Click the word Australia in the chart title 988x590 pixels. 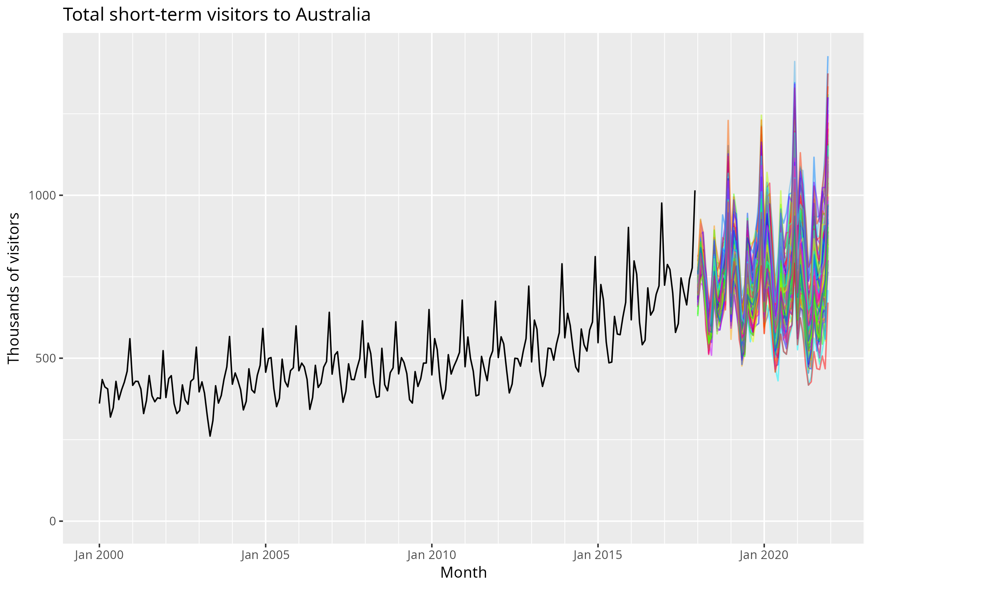coord(333,15)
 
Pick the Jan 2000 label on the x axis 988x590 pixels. coord(99,555)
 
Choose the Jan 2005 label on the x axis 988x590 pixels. coord(265,555)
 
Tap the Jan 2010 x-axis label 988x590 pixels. coord(431,555)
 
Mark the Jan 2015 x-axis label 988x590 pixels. coord(598,555)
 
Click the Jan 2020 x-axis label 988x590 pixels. coord(764,555)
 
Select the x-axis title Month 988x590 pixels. coord(463,572)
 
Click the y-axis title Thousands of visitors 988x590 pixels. coord(14,288)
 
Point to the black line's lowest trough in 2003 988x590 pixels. coord(210,436)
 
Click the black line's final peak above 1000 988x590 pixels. coord(695,191)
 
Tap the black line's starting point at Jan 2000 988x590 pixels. coord(99,403)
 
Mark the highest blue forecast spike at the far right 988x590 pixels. coord(828,57)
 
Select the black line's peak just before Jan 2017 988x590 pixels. coord(661,203)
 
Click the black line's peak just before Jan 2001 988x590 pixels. coord(130,339)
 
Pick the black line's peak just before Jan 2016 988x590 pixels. coord(628,228)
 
